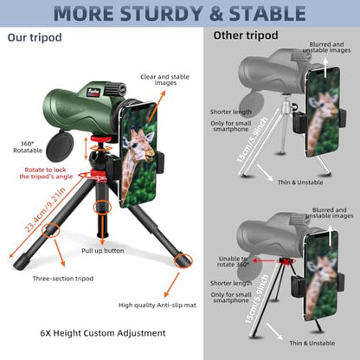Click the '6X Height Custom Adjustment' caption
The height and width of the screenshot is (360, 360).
pos(96,332)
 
